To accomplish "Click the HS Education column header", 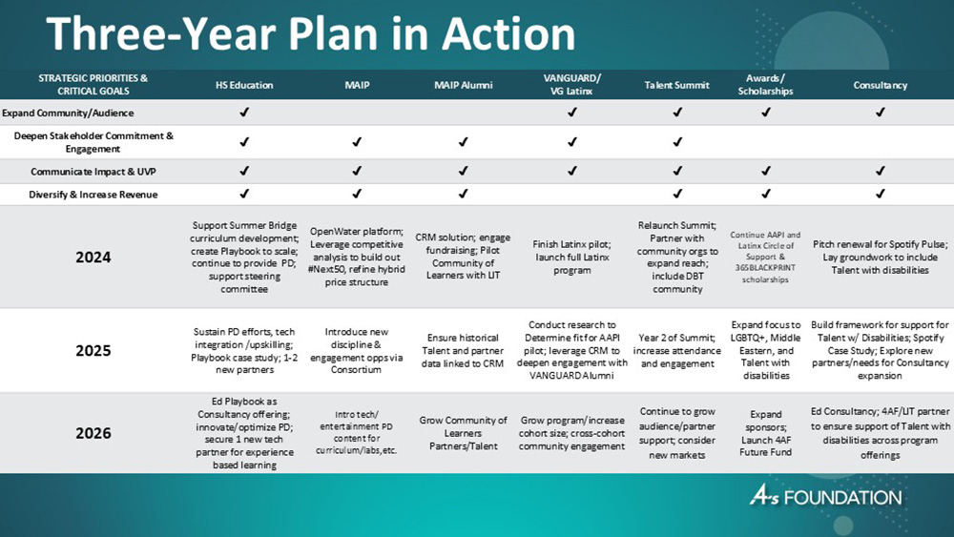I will [244, 85].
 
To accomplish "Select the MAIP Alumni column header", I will [463, 85].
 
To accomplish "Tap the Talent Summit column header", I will [677, 85].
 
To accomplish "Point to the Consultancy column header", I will [880, 85].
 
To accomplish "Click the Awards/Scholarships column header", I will [766, 85].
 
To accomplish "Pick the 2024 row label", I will [93, 258].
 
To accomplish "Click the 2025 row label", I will [93, 350].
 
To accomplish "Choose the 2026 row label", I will [93, 433].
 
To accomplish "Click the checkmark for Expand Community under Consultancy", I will [880, 112].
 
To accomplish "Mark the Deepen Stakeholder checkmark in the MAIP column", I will [356, 142].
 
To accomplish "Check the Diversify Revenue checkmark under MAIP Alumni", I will [463, 195].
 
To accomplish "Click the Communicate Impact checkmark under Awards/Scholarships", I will [766, 172].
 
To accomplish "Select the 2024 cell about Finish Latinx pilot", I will [571, 258].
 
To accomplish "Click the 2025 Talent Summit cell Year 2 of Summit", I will [677, 350].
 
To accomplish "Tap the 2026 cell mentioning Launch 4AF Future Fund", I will [766, 433].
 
